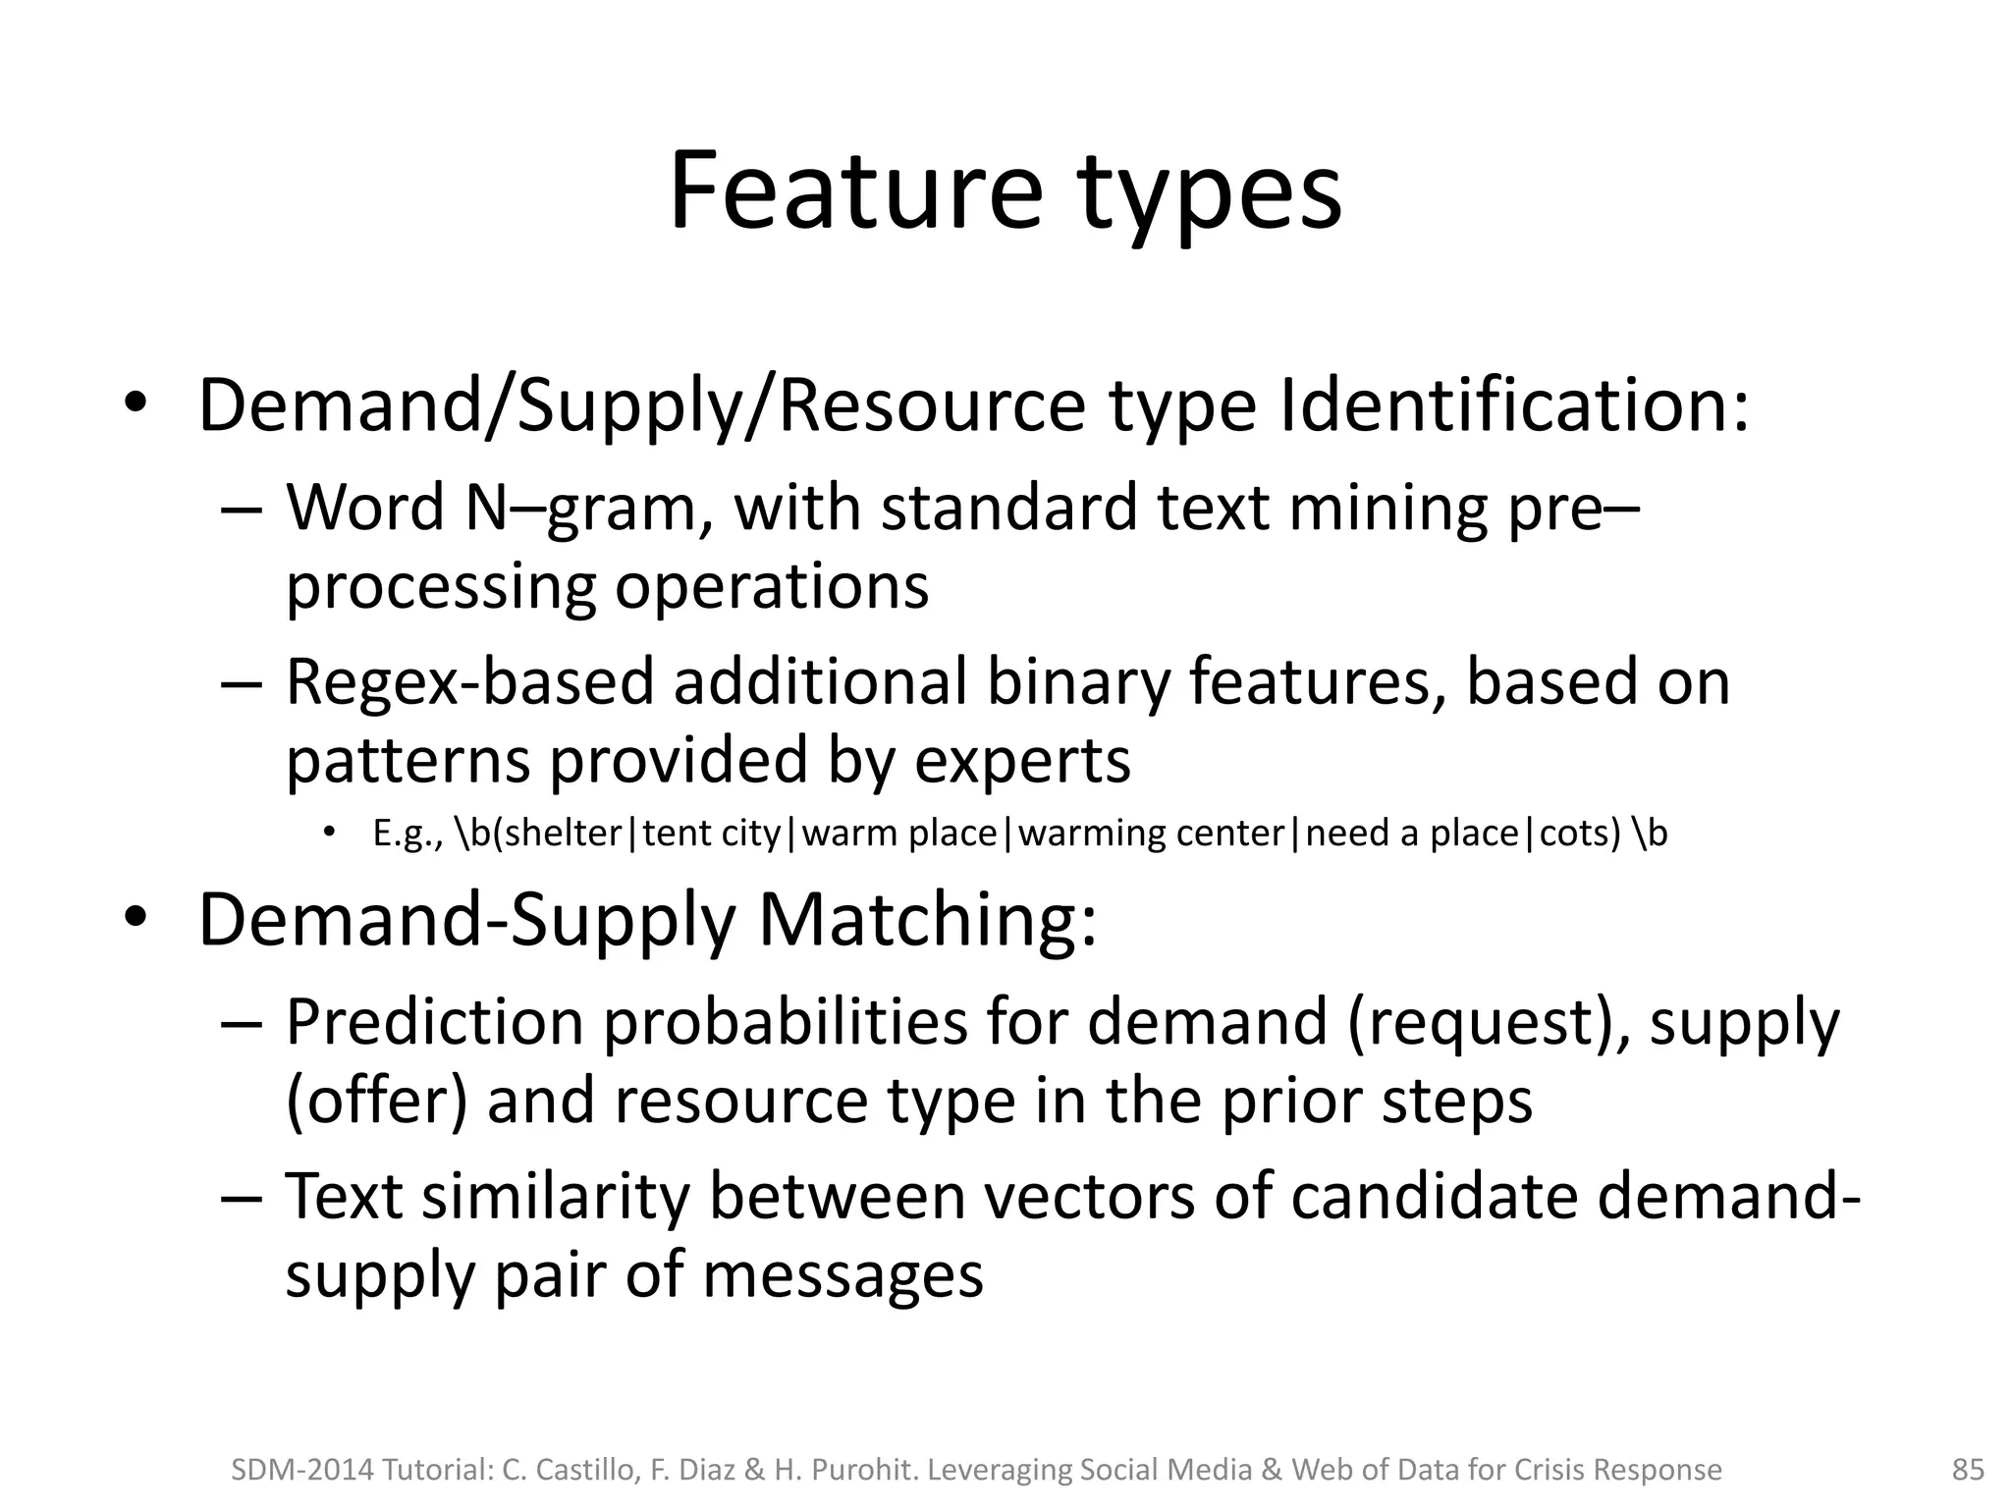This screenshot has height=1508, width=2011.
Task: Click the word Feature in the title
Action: coord(853,191)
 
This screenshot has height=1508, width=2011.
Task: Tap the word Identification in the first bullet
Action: coord(1513,405)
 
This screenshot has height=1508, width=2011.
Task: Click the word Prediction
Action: coord(434,1023)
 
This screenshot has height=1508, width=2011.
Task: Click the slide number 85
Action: coord(1968,1470)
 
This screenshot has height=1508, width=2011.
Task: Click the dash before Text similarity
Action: coord(242,1199)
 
